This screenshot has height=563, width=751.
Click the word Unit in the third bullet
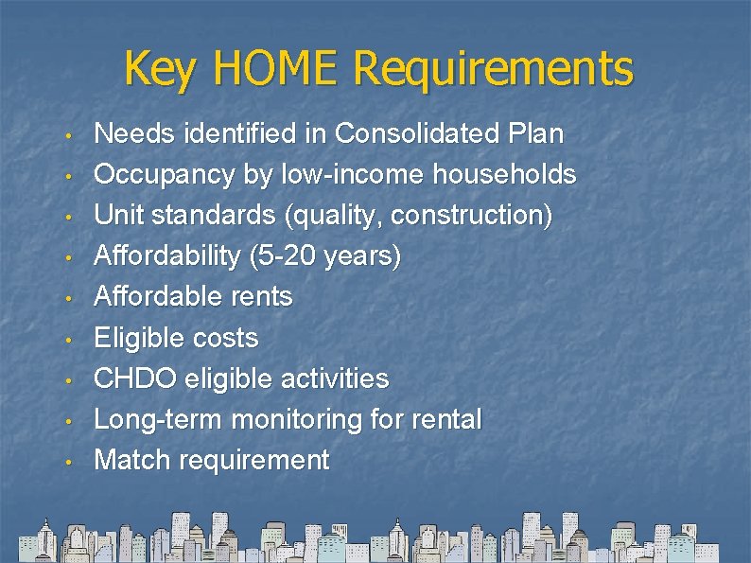pyautogui.click(x=117, y=216)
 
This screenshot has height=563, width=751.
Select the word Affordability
pyautogui.click(x=168, y=256)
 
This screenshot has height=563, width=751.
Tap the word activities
pyautogui.click(x=335, y=378)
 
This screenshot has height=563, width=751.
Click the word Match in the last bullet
pyautogui.click(x=131, y=460)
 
